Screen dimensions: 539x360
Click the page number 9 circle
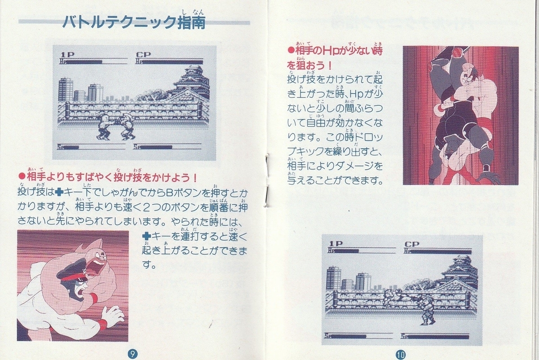tap(133, 354)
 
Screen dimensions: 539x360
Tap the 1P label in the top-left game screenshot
tap(68, 55)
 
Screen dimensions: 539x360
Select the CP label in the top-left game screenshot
tap(143, 55)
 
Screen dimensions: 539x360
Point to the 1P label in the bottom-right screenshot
tap(336, 244)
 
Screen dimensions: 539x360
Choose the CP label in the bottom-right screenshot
tap(412, 244)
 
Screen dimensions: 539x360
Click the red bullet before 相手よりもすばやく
tap(22, 177)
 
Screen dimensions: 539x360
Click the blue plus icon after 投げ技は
tap(59, 193)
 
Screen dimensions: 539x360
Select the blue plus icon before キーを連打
tap(146, 237)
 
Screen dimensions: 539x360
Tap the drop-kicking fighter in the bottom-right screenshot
tap(399, 298)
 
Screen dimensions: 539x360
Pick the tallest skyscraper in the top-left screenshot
tap(66, 89)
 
